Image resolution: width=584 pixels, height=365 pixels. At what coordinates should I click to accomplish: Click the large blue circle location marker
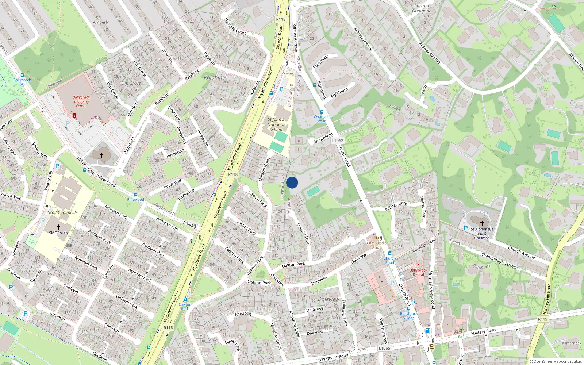(x=292, y=182)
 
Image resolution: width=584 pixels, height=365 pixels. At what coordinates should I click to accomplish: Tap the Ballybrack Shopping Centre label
(x=81, y=101)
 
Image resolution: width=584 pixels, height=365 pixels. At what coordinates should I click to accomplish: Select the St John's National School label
(x=276, y=124)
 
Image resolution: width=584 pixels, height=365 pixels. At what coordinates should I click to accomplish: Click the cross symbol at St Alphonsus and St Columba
(x=482, y=223)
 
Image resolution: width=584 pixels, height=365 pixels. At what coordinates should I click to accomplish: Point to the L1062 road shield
(x=338, y=141)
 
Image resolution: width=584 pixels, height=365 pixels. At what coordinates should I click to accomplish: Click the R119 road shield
(x=543, y=319)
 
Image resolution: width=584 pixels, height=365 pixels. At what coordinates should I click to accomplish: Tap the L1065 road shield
(x=384, y=348)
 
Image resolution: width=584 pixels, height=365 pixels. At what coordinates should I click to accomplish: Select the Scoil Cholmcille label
(x=63, y=212)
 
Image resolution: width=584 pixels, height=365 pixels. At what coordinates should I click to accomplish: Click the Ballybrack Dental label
(x=418, y=272)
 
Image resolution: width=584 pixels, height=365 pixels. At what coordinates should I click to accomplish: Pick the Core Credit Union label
(x=376, y=245)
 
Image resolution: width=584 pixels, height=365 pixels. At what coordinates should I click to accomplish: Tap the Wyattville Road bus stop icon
(x=322, y=112)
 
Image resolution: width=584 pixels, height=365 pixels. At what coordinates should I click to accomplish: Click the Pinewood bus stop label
(x=135, y=200)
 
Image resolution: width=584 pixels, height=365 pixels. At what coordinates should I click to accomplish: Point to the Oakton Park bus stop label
(x=185, y=306)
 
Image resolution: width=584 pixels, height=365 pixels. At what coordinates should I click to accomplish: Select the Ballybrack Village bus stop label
(x=409, y=316)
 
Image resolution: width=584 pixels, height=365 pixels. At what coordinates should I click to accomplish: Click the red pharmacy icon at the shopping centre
(x=74, y=116)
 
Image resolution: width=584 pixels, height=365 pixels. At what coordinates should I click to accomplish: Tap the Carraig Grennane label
(x=422, y=8)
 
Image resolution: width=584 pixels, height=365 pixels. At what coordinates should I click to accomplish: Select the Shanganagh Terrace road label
(x=499, y=261)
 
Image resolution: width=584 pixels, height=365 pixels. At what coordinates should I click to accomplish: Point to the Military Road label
(x=483, y=331)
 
